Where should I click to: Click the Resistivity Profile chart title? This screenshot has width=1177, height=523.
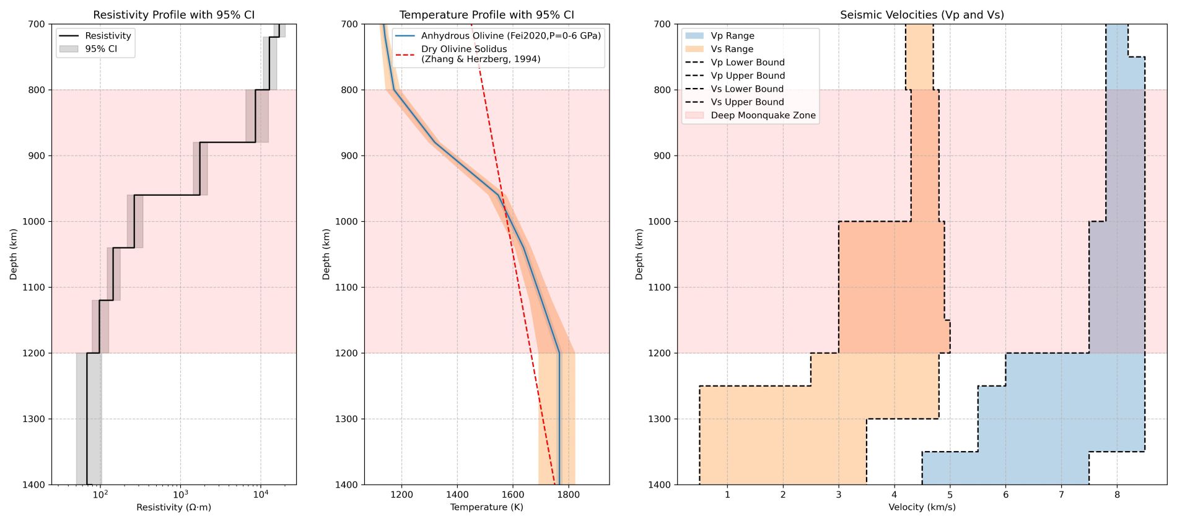[x=173, y=15]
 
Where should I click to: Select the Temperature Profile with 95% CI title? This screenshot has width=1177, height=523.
[x=486, y=15]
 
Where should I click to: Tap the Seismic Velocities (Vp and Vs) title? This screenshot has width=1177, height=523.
[x=922, y=15]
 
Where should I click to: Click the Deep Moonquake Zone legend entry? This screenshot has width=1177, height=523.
[x=763, y=115]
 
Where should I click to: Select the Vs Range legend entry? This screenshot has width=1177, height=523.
[x=732, y=49]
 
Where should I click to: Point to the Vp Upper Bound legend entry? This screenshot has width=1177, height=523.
[x=747, y=76]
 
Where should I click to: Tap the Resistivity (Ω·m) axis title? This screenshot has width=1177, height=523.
[x=173, y=508]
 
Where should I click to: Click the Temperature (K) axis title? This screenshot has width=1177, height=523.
[x=486, y=508]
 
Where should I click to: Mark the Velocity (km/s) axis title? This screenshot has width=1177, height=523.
[x=922, y=508]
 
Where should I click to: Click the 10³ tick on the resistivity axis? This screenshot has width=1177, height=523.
[x=180, y=494]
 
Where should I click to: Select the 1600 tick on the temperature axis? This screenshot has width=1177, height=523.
[x=513, y=494]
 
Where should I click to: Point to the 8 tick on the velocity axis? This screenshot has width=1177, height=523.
[x=1117, y=494]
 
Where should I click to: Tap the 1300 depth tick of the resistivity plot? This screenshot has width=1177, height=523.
[x=36, y=419]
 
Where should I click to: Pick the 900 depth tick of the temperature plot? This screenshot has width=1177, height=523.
[x=349, y=156]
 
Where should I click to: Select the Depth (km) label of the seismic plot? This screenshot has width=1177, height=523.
[x=639, y=254]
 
